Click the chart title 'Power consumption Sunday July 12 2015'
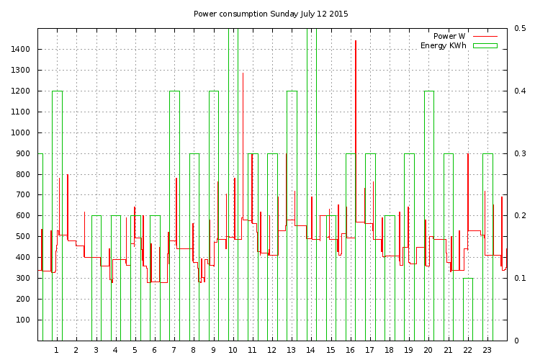(x=271, y=14)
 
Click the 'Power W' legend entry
(x=449, y=36)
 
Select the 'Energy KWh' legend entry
(x=444, y=45)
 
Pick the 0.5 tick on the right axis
(x=520, y=29)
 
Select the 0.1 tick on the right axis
(x=520, y=278)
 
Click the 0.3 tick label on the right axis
(x=520, y=153)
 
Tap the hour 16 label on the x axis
(x=350, y=351)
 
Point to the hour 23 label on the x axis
(x=487, y=351)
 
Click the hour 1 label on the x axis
(x=56, y=351)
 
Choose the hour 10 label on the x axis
(x=233, y=351)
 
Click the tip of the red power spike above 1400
(x=355, y=41)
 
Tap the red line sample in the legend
(x=485, y=36)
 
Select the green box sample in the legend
(x=485, y=45)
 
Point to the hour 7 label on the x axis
(x=174, y=351)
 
